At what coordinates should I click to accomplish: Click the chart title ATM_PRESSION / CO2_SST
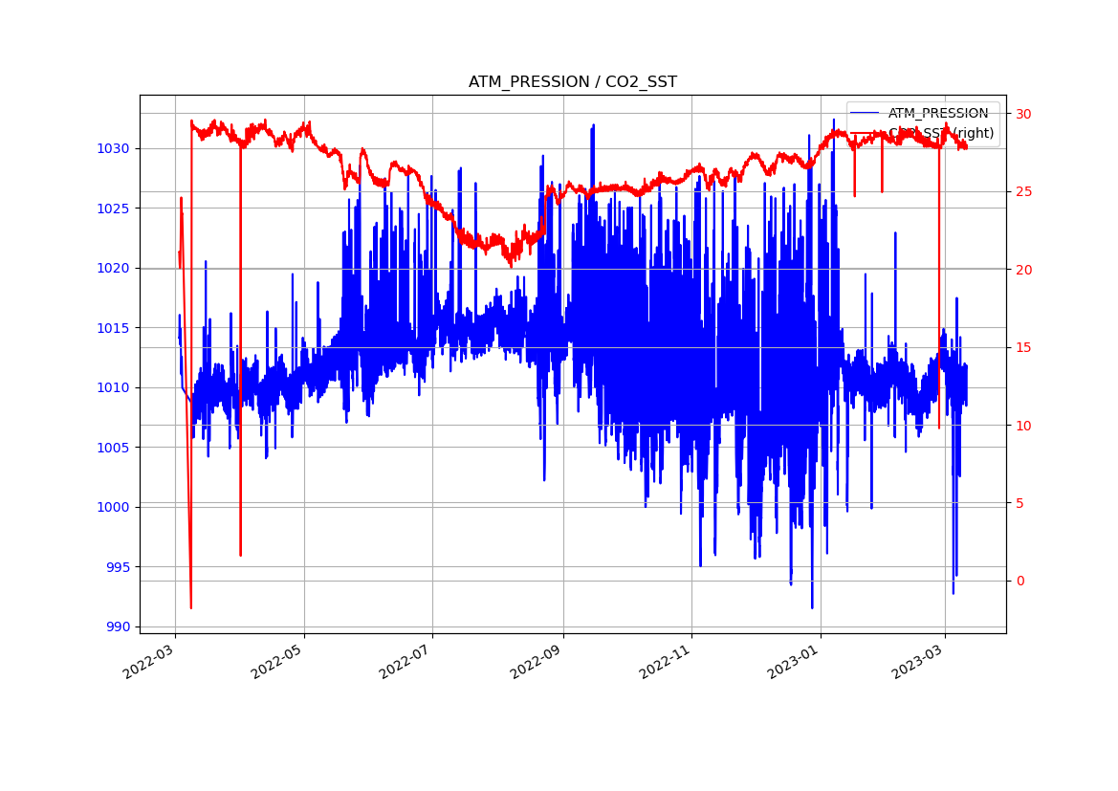[x=572, y=82]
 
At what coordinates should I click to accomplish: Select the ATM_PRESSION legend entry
[x=937, y=114]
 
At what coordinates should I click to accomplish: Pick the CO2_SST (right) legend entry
[x=940, y=134]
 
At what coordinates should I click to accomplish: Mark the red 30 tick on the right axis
[x=1023, y=114]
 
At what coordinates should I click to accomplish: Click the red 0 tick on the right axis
[x=1019, y=582]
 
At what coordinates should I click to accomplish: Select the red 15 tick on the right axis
[x=1023, y=348]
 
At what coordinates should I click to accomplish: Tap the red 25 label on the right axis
[x=1023, y=192]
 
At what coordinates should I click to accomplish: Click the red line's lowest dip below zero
[x=191, y=607]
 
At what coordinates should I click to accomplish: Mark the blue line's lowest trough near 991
[x=812, y=607]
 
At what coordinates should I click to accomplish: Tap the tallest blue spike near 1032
[x=593, y=125]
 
